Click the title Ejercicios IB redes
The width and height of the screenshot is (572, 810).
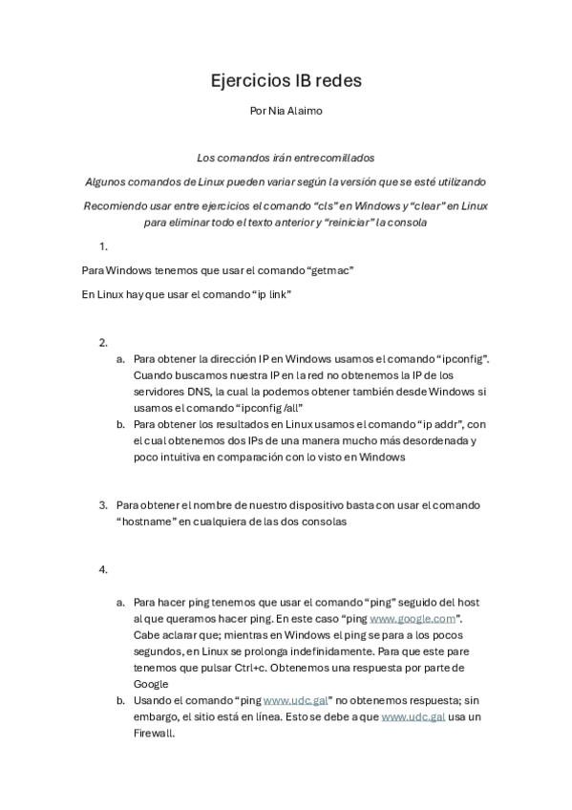point(286,81)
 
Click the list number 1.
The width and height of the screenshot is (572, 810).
point(103,246)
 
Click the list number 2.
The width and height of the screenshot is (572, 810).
point(103,342)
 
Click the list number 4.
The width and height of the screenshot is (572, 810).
point(103,569)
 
